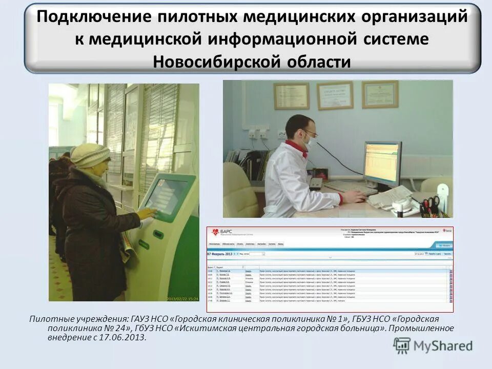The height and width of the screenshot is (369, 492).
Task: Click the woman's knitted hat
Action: click(x=90, y=155)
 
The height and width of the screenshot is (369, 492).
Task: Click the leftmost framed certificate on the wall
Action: click(x=291, y=96)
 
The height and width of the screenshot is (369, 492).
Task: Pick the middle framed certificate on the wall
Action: click(x=335, y=95)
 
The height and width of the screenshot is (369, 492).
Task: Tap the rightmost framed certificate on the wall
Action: click(x=380, y=94)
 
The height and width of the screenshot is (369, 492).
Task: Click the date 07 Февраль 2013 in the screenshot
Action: click(x=219, y=253)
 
